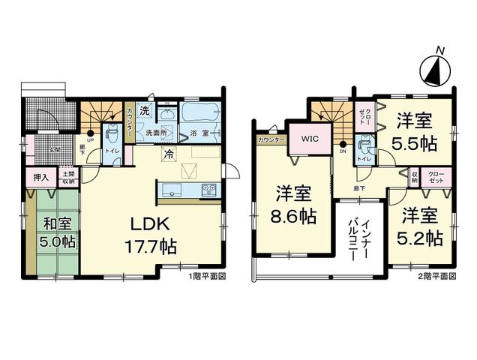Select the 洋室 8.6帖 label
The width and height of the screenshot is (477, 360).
pyautogui.click(x=292, y=205)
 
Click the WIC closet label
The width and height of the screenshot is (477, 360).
pyautogui.click(x=310, y=138)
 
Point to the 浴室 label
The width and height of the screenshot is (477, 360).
pyautogui.click(x=199, y=133)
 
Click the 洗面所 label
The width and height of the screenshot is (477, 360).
pyautogui.click(x=155, y=133)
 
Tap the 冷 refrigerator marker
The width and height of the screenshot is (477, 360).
pyautogui.click(x=169, y=154)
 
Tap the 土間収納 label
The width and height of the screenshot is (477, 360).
pyautogui.click(x=67, y=177)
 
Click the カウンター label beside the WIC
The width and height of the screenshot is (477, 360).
pyautogui.click(x=271, y=140)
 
